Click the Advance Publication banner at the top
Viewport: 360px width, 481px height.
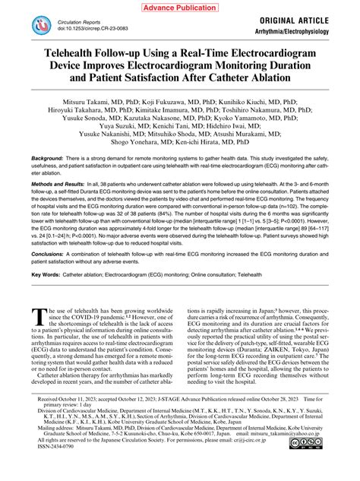click(179, 7)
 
